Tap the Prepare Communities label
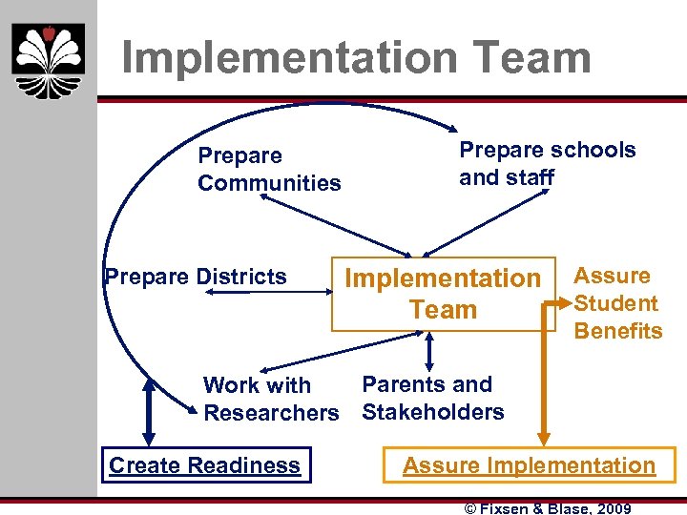click(268, 169)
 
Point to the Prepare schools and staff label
click(547, 163)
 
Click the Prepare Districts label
click(196, 277)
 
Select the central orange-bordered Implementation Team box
click(443, 294)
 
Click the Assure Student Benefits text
click(617, 303)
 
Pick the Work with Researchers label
click(270, 399)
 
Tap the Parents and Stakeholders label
click(432, 398)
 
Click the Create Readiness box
click(205, 465)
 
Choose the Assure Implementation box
click(529, 465)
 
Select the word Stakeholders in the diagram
click(432, 412)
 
